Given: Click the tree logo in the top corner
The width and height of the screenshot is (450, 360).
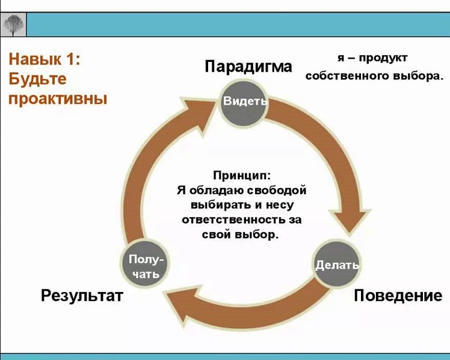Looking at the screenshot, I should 13,25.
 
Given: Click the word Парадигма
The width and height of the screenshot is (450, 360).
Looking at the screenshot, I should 248,66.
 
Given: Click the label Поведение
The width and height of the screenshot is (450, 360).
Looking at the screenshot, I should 398,296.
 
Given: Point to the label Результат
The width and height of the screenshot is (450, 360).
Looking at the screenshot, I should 82,296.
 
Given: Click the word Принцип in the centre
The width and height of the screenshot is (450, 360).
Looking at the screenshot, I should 242,175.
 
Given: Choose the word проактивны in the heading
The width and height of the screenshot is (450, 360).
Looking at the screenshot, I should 58,99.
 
